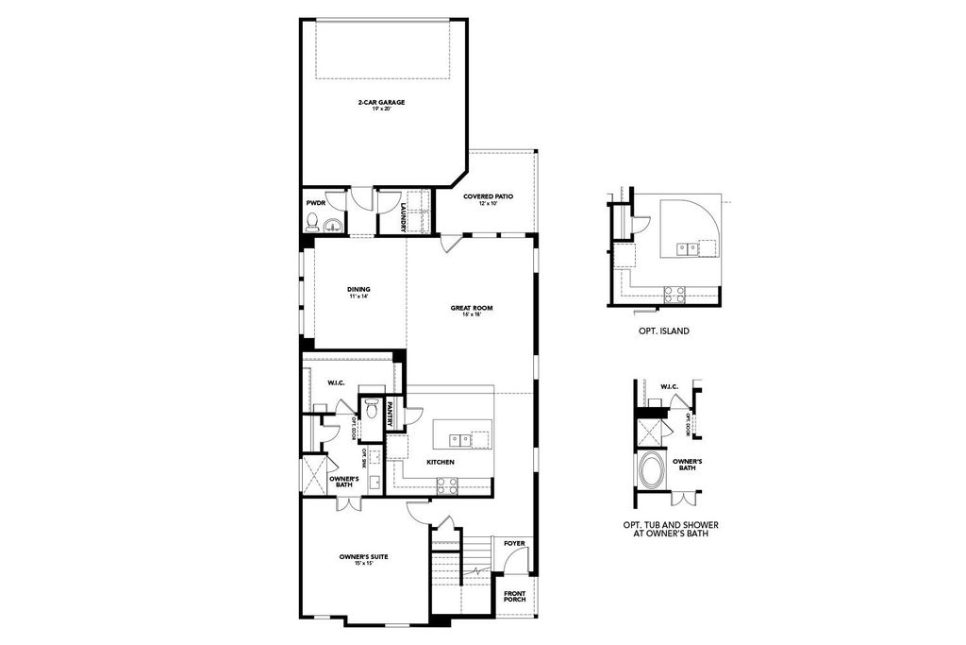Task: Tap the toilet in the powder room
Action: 312,222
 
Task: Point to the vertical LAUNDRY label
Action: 403,215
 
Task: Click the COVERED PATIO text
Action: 488,196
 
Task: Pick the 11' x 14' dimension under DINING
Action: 358,297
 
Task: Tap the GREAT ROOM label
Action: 472,308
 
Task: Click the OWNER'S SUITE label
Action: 364,557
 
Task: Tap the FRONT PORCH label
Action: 514,597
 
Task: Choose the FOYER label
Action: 514,544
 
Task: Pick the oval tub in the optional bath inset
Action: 652,470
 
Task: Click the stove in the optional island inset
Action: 675,294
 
